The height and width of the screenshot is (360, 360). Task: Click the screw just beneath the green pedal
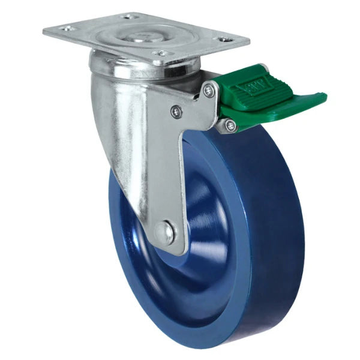pyautogui.click(x=230, y=125)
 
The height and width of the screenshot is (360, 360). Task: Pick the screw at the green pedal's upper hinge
pyautogui.click(x=208, y=90)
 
